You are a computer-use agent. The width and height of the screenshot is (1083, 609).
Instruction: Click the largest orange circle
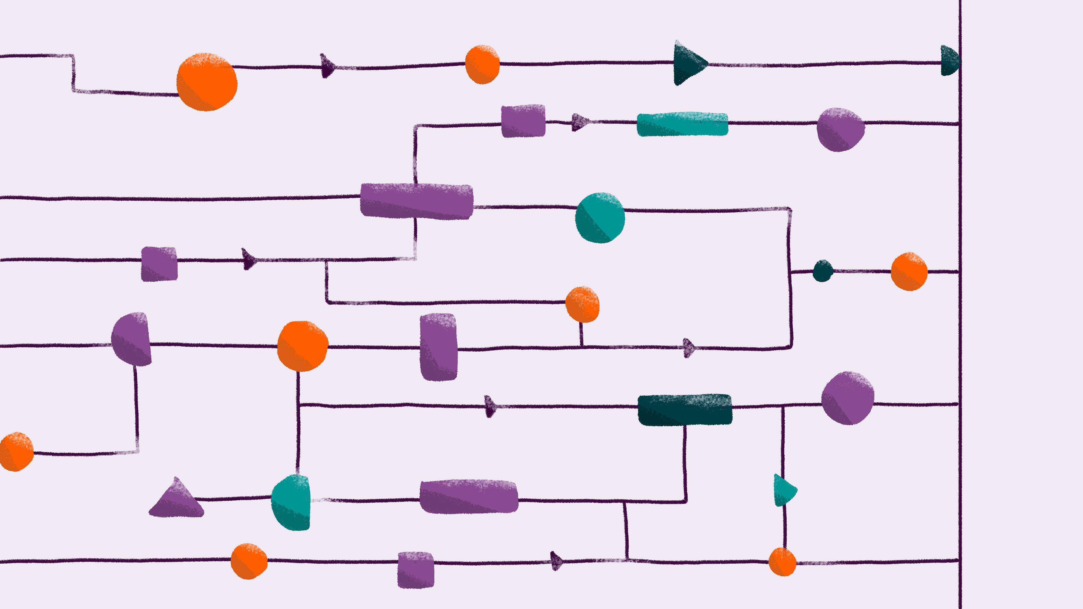[x=206, y=82]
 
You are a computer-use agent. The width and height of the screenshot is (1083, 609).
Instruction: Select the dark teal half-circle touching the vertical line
[x=950, y=61]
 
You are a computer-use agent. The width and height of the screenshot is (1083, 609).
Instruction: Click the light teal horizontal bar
[x=682, y=124]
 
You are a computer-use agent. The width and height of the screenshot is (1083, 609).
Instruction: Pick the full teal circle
[x=600, y=218]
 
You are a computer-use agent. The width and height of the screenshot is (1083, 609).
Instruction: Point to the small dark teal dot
[x=823, y=271]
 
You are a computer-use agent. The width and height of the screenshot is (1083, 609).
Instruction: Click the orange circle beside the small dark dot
[x=909, y=272]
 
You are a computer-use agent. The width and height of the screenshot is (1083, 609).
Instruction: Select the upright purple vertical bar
[x=439, y=347]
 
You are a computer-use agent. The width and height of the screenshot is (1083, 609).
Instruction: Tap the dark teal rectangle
[x=685, y=410]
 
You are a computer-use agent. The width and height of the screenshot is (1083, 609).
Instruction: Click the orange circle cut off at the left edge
[x=16, y=452]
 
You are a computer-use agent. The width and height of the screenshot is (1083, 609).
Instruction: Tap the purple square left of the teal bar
[x=523, y=121]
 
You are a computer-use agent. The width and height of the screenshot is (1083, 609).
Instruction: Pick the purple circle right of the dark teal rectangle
[x=848, y=398]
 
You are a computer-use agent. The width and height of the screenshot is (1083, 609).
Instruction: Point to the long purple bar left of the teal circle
[x=417, y=201]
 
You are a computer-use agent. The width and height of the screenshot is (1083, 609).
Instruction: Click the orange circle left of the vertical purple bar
[x=302, y=346]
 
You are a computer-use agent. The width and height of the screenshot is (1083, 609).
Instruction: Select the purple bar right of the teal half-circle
[x=469, y=497]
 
